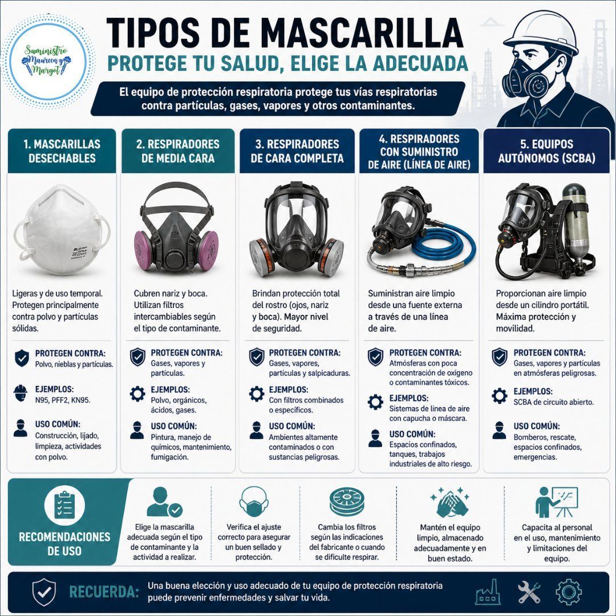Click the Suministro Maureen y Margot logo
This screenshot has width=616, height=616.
pyautogui.click(x=47, y=61)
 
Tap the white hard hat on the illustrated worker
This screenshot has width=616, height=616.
pyautogui.click(x=541, y=32)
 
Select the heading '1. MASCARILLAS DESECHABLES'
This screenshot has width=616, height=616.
pyautogui.click(x=62, y=151)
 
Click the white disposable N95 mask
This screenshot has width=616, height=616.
pyautogui.click(x=62, y=230)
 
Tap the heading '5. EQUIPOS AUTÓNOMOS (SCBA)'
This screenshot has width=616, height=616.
pyautogui.click(x=546, y=151)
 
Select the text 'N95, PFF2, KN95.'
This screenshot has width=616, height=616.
pyautogui.click(x=63, y=400)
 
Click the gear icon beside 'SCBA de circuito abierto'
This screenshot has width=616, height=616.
pyautogui.click(x=499, y=396)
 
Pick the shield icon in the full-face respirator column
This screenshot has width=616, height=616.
pyautogui.click(x=257, y=356)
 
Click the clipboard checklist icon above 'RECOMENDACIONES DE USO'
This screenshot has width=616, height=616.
pyautogui.click(x=64, y=505)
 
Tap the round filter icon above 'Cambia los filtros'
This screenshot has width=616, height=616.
pyautogui.click(x=347, y=501)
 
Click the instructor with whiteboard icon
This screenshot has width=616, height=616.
pyautogui.click(x=557, y=502)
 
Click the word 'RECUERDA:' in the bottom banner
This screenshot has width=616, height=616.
pyautogui.click(x=104, y=591)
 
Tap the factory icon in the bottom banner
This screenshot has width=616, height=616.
pyautogui.click(x=488, y=591)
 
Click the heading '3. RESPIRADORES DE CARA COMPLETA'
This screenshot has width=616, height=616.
pyautogui.click(x=297, y=151)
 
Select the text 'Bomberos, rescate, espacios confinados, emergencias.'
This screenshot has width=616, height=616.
pyautogui.click(x=547, y=447)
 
